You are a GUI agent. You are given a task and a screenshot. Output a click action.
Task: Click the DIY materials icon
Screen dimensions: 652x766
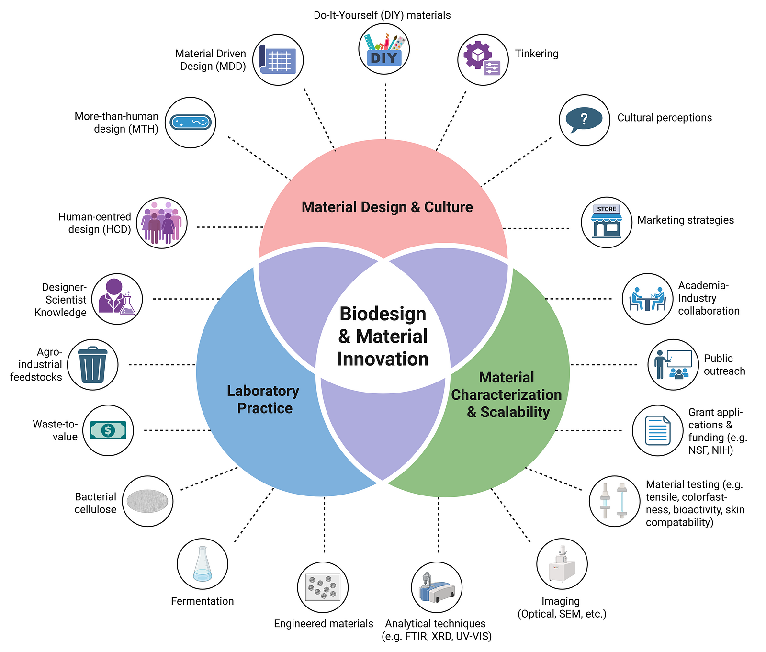(384, 49)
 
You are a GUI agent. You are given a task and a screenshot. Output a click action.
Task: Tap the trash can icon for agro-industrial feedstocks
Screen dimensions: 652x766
(92, 365)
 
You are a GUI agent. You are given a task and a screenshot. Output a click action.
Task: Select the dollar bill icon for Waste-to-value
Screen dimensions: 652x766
(108, 430)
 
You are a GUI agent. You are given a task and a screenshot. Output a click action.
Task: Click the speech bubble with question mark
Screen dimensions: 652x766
(584, 120)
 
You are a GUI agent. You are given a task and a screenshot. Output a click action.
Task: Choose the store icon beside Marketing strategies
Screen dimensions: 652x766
(607, 222)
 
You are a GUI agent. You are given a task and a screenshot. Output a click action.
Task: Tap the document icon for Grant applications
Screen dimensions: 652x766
(657, 430)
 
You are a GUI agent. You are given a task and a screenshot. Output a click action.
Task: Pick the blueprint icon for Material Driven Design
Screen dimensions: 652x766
(278, 60)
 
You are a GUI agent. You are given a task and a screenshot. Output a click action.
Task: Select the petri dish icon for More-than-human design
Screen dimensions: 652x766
(191, 123)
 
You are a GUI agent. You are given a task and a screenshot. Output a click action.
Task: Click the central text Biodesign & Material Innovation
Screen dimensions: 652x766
(383, 337)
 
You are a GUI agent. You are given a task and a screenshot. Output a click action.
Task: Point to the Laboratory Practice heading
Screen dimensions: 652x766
(263, 399)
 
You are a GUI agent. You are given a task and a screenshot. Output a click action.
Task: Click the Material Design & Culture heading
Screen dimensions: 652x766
(387, 207)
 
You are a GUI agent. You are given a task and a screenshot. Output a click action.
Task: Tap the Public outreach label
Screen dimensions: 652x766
(724, 365)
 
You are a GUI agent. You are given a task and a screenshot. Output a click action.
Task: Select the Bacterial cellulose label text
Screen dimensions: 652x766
(95, 503)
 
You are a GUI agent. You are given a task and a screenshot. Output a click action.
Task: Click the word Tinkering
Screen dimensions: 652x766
(537, 54)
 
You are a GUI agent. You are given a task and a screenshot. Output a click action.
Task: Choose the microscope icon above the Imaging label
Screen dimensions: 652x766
(562, 564)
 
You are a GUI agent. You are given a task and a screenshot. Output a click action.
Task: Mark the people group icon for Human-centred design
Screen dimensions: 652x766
(162, 223)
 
